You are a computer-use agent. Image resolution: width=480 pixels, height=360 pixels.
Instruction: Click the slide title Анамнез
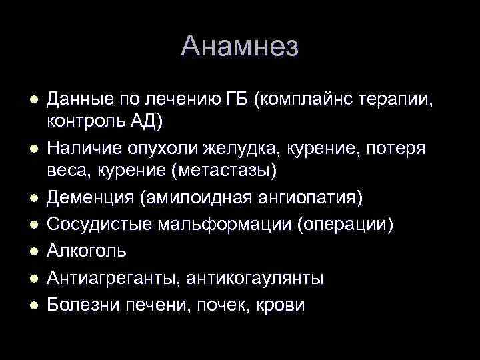(240, 46)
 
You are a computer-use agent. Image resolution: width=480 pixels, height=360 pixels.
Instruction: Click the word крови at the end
(281, 305)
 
